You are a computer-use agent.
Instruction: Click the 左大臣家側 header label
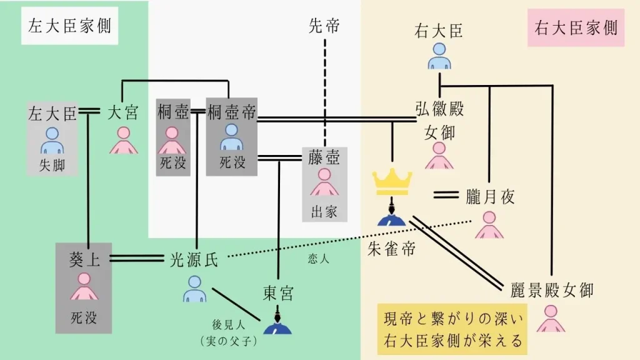tap(70, 26)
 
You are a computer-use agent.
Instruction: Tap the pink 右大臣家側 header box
tap(576, 27)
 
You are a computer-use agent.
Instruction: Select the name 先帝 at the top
tap(325, 26)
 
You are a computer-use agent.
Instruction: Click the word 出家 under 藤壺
tap(324, 211)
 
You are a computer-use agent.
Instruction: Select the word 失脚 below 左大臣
tap(52, 165)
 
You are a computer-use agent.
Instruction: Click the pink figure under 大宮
tap(123, 141)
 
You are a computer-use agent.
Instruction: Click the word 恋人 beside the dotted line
tap(318, 258)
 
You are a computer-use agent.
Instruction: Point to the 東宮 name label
tap(277, 293)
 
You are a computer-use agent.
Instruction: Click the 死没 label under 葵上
tap(83, 317)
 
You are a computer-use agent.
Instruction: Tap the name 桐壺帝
tap(232, 112)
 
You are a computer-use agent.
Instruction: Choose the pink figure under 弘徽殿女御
tap(439, 156)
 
